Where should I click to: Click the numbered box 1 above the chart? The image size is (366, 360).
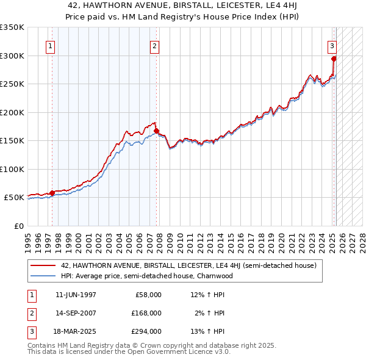tap(49, 45)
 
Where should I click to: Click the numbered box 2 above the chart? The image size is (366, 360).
tap(155, 45)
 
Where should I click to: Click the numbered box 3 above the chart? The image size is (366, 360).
tap(332, 45)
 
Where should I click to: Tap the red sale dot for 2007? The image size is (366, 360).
tap(157, 131)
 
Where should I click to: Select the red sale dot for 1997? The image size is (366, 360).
tap(52, 193)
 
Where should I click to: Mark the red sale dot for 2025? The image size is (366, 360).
tap(334, 59)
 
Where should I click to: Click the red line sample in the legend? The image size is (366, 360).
tap(43, 266)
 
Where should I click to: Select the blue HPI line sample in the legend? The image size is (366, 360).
tap(43, 276)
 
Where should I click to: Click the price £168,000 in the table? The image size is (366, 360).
tap(147, 313)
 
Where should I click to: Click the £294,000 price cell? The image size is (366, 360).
tap(147, 331)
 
